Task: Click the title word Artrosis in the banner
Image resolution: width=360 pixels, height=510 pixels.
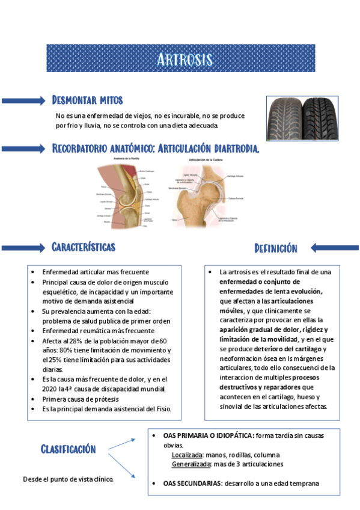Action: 184,59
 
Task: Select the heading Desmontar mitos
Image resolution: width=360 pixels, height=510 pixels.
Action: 88,100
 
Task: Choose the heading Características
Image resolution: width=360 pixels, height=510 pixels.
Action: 84,247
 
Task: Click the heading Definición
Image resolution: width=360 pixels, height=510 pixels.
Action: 276,248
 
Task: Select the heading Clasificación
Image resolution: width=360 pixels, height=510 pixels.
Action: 68,449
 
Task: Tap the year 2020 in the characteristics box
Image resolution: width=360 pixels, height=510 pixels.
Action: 52,389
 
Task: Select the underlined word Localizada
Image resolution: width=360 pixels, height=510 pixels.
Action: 187,455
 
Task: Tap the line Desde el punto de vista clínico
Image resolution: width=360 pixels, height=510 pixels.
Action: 68,479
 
